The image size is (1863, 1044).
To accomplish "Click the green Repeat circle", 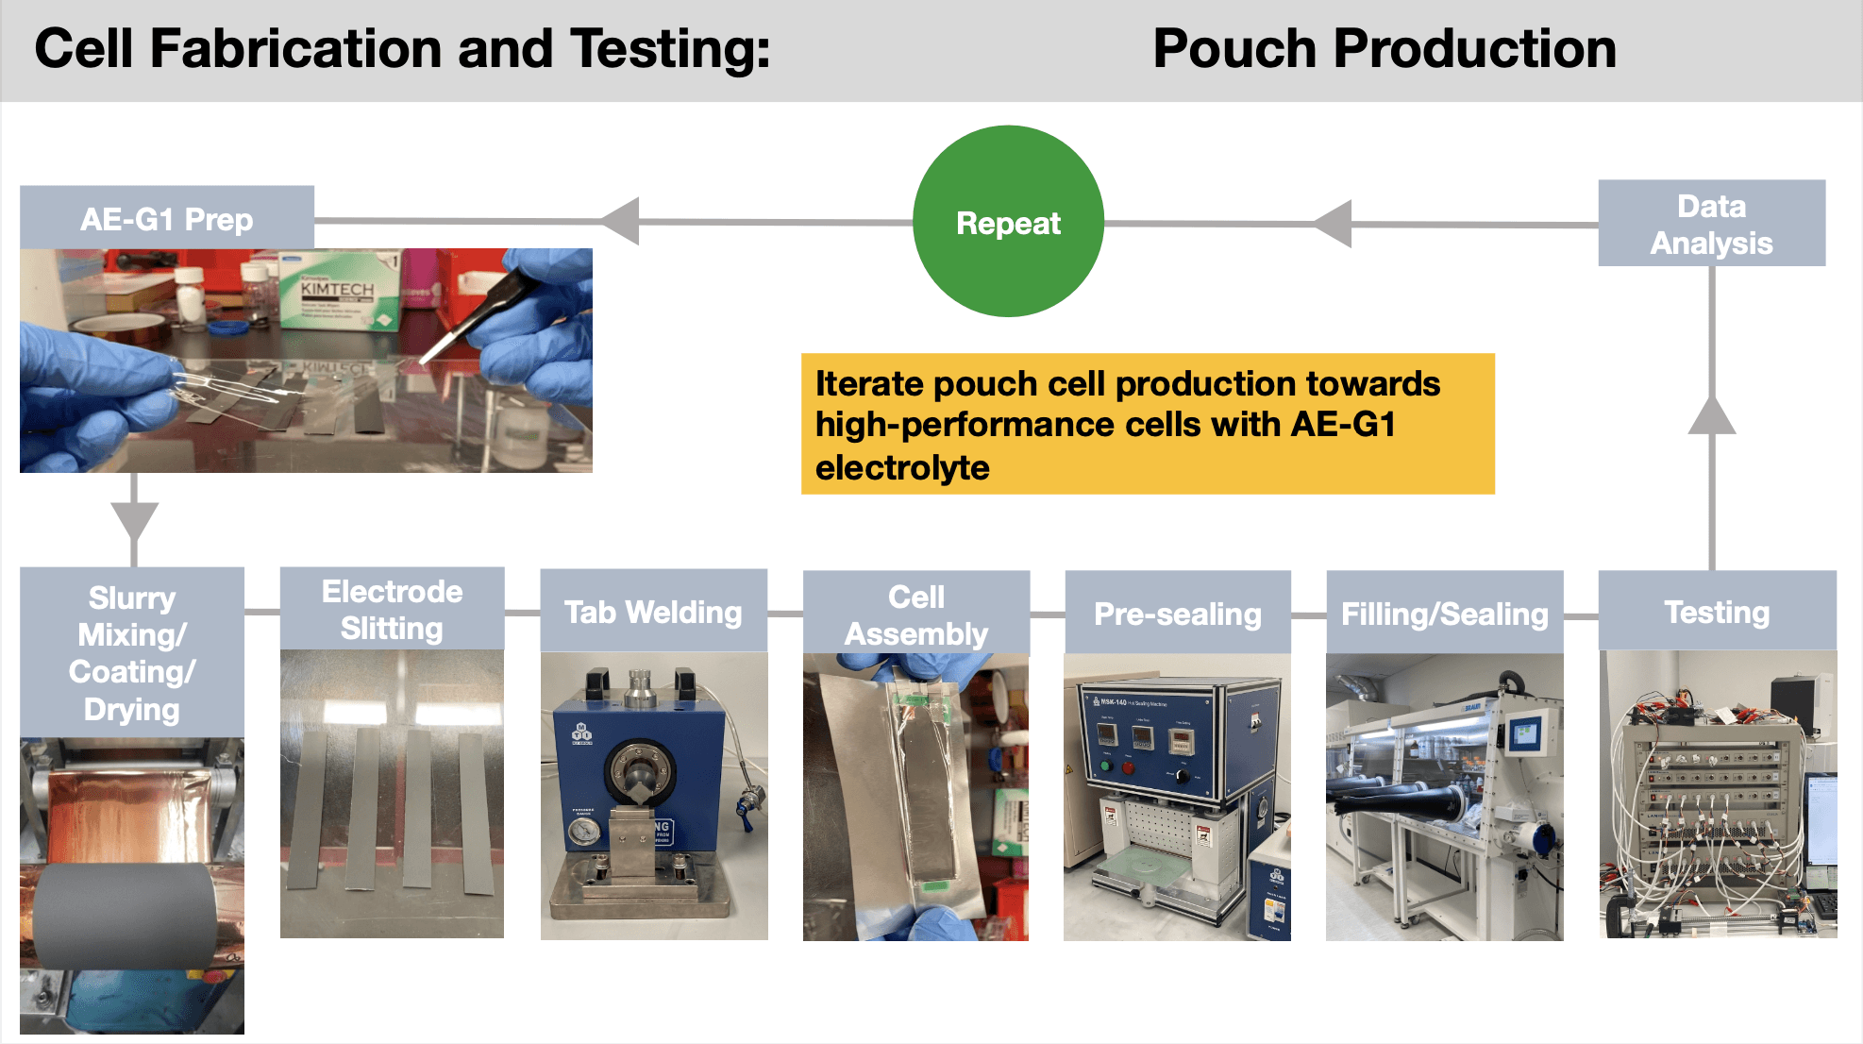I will pos(1008,222).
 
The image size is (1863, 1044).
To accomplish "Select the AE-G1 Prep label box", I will pos(167,218).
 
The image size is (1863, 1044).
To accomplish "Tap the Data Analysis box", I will pos(1711,224).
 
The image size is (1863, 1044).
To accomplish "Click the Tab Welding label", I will pos(653,612).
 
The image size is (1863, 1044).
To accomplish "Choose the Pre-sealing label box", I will pos(1177,614).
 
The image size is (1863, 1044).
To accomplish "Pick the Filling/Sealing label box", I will pos(1444,614).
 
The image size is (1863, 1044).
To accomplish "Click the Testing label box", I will pos(1717,612).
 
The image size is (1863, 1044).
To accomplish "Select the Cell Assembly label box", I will pos(915,615).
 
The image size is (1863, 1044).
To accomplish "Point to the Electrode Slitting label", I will pos(392,609).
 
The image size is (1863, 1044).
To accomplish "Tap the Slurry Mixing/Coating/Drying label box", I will pos(132,653).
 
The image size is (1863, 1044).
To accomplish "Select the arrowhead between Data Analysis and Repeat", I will pos(1334,224).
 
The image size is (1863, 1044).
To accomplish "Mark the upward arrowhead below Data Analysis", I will pos(1712,416).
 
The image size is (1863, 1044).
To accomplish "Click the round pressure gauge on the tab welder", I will pos(583,832).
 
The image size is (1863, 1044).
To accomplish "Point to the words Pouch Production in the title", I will pos(1384,49).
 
